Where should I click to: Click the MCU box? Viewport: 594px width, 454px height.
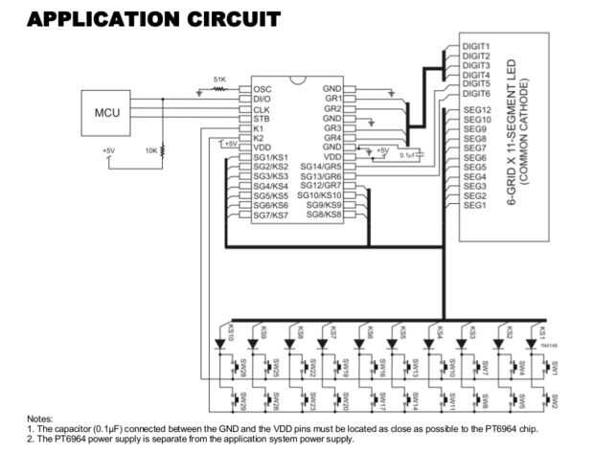click(x=105, y=113)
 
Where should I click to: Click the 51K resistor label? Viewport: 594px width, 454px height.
click(x=219, y=79)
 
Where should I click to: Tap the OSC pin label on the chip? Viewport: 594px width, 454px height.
click(x=263, y=88)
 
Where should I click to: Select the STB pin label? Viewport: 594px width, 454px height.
click(x=262, y=118)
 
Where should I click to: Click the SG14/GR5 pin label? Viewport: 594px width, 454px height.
click(x=321, y=167)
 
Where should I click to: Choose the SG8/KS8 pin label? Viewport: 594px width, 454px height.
click(x=324, y=215)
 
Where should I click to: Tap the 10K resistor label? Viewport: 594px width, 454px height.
click(x=151, y=150)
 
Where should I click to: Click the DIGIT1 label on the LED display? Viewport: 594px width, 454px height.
click(x=476, y=46)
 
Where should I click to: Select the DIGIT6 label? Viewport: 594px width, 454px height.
click(x=476, y=94)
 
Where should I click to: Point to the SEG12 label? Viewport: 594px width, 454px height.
click(x=476, y=111)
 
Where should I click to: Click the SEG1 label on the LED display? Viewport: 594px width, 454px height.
click(x=474, y=205)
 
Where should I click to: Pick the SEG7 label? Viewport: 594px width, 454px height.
click(x=474, y=148)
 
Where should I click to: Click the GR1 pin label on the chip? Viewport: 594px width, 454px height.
click(x=333, y=99)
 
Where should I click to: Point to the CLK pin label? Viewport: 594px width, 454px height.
click(x=262, y=108)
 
